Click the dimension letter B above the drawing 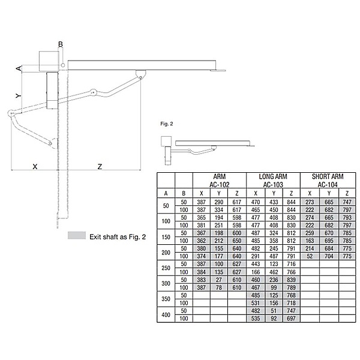coord(61,44)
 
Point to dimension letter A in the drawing coord(19,68)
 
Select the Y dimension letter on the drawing coord(18,95)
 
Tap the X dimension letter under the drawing coord(35,166)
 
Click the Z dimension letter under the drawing coord(100,166)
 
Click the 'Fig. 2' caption coord(167,124)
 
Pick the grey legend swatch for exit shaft coord(77,235)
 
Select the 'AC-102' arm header coord(219,185)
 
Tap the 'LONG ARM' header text coord(273,176)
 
